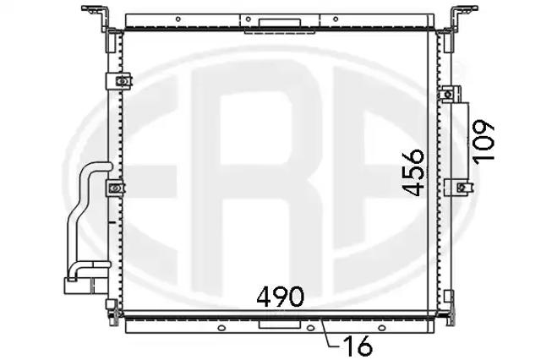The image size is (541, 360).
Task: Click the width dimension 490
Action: coord(280,297)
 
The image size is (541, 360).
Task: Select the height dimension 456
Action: coord(413,172)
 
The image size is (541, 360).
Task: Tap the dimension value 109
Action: coord(484,142)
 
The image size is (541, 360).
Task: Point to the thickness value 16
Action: coord(358,346)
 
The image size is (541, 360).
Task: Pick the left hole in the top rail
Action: coord(178,19)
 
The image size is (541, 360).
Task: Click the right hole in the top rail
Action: coord(336,19)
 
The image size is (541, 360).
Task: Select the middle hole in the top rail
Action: coord(248,19)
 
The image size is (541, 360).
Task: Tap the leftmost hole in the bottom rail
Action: coord(222,328)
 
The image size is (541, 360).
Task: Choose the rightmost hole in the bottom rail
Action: coord(381,328)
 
